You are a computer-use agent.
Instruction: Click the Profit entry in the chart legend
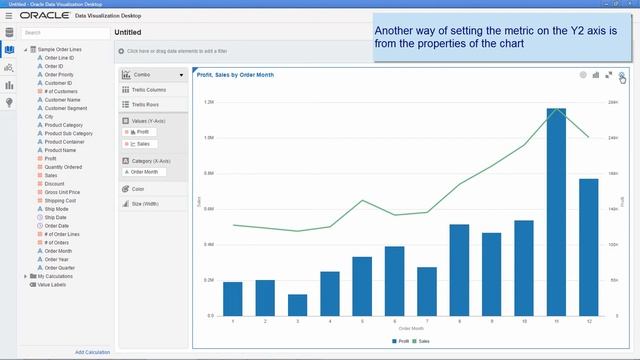click(400, 341)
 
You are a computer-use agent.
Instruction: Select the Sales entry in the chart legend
click(422, 341)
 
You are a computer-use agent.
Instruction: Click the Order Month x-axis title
click(410, 328)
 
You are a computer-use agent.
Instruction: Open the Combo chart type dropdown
click(153, 75)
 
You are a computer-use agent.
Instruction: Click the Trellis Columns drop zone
click(153, 90)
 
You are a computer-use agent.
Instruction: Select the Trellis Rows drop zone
click(152, 104)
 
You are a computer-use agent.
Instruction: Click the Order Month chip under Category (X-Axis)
click(145, 172)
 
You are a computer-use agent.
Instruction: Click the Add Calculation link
click(92, 352)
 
